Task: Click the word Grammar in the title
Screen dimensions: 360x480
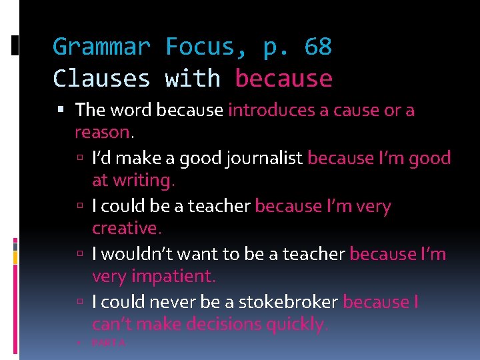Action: click(x=101, y=47)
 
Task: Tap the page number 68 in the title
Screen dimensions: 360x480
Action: click(x=317, y=47)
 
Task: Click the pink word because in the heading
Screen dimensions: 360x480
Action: click(x=283, y=79)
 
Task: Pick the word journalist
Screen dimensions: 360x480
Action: click(x=265, y=158)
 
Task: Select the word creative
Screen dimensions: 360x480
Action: click(x=126, y=228)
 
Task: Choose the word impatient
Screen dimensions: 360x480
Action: click(x=171, y=276)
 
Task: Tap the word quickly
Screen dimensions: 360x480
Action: click(x=297, y=324)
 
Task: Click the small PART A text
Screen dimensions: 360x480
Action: click(x=109, y=343)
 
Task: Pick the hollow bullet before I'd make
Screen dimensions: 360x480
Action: click(x=80, y=159)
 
